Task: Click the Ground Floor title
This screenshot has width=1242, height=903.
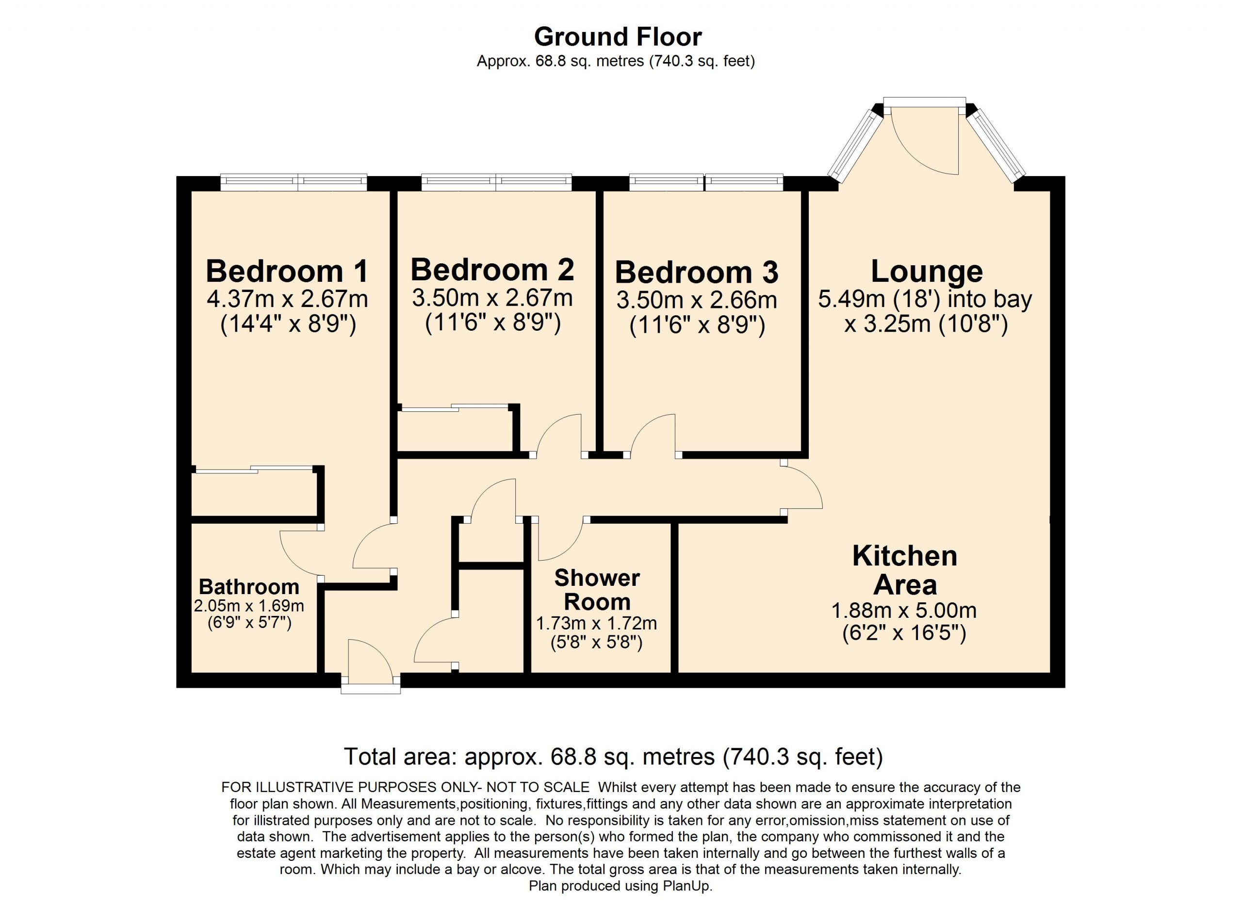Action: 618,37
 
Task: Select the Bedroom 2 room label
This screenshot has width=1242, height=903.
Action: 492,269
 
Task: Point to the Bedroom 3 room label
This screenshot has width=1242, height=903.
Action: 697,272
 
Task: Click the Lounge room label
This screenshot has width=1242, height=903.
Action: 927,272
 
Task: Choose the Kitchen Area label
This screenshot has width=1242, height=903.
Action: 905,570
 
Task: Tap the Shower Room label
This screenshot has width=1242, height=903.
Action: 597,590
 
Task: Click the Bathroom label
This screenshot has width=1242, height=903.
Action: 249,587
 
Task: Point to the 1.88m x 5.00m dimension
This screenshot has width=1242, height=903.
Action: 904,610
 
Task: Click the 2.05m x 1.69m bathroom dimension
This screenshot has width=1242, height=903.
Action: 249,606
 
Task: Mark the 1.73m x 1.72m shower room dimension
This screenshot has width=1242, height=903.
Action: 596,623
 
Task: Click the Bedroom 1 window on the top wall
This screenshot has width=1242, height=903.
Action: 294,182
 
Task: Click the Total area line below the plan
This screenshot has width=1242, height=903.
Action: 613,757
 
